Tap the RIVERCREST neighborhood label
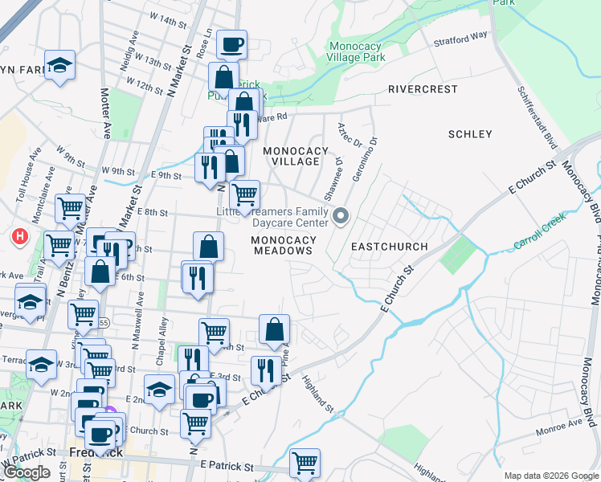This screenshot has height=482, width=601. pos(423,89)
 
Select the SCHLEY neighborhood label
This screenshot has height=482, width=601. pos(470,134)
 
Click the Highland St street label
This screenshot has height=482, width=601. pos(319,398)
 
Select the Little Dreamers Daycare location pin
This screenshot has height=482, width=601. pos(341,215)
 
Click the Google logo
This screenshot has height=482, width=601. pos(27,472)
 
